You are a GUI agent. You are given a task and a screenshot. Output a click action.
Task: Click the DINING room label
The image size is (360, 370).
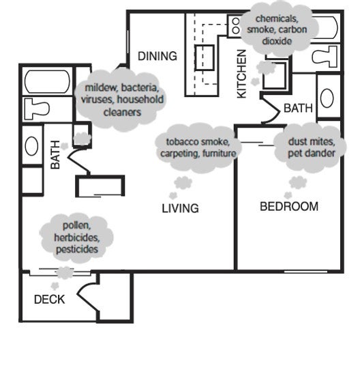point(157,56)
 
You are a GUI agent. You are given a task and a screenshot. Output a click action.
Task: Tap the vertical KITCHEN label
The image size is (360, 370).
point(241,75)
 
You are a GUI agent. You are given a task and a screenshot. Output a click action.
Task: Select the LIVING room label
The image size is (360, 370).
point(180,208)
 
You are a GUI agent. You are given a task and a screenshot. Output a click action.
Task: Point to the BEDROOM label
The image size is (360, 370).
point(289,206)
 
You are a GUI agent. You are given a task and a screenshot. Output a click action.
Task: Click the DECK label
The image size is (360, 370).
point(50,299)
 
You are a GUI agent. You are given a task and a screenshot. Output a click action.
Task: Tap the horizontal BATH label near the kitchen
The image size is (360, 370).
point(297,107)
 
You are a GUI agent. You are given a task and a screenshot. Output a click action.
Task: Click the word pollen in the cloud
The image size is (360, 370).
point(76,225)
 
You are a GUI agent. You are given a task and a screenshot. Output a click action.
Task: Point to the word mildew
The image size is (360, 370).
point(100,89)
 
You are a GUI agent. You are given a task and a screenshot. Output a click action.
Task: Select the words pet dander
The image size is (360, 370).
point(312,153)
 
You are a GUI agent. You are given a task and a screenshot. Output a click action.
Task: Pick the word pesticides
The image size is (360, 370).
point(76,249)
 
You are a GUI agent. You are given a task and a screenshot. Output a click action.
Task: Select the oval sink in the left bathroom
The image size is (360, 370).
point(32,145)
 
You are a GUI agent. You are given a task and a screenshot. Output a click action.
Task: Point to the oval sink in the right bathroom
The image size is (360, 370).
point(327,97)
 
